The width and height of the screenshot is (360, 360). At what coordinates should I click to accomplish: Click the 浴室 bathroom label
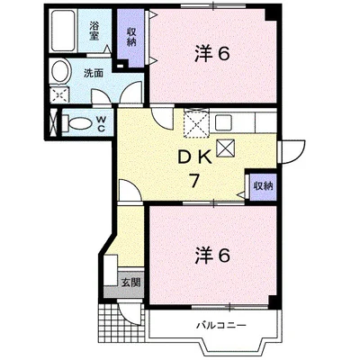[x=94, y=27]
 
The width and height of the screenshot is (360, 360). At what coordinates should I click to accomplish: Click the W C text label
[x=101, y=122]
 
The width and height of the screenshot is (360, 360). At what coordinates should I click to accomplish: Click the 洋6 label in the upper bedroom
[x=212, y=54]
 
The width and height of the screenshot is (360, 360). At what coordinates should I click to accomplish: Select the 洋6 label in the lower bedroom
[x=212, y=254]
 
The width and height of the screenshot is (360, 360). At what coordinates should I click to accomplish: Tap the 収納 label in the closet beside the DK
[x=262, y=186]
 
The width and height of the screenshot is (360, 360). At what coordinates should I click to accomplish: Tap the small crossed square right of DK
[x=225, y=149]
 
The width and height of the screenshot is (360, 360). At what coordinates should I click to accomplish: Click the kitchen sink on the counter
[x=224, y=121]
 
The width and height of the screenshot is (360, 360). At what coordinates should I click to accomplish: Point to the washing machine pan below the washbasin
[x=59, y=94]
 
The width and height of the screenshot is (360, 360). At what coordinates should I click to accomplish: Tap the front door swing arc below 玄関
[x=130, y=310]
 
